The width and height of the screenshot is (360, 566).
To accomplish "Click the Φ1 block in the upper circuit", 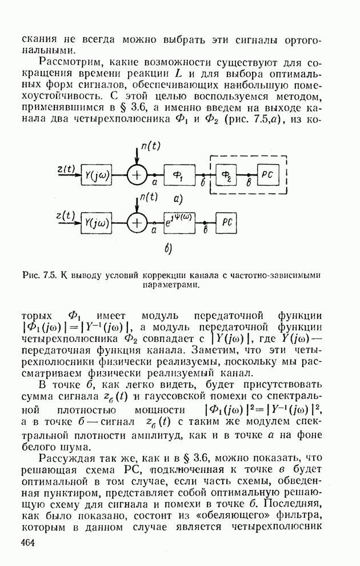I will tap(179, 176).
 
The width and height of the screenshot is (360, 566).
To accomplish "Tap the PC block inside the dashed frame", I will tap(269, 176).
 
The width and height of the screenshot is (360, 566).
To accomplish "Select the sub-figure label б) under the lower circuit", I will tap(169, 249).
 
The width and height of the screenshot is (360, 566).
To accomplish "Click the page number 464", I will tap(28, 543).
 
